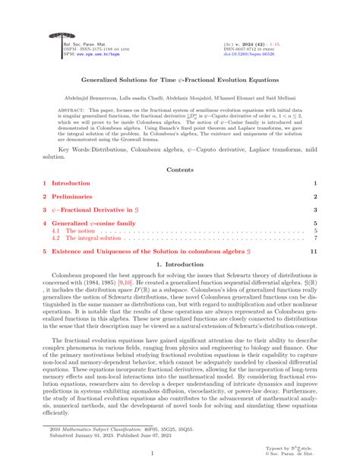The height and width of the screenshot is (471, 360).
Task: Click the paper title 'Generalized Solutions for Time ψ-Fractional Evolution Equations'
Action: click(179, 78)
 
